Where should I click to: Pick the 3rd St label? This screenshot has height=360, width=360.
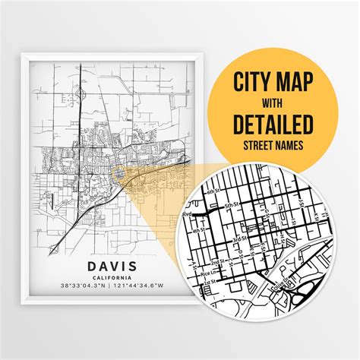[x=238, y=238]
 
